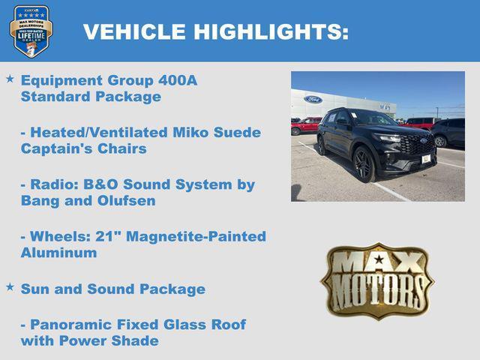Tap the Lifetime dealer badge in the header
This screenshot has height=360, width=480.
click(31, 31)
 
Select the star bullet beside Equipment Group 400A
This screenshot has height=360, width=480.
click(10, 78)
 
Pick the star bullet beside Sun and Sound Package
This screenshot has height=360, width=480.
click(10, 286)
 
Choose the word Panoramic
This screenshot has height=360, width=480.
click(71, 325)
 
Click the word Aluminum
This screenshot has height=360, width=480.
click(58, 253)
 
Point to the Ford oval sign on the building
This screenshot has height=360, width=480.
click(313, 99)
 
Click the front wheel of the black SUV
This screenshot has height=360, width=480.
click(364, 165)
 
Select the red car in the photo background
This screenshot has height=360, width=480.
click(305, 124)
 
